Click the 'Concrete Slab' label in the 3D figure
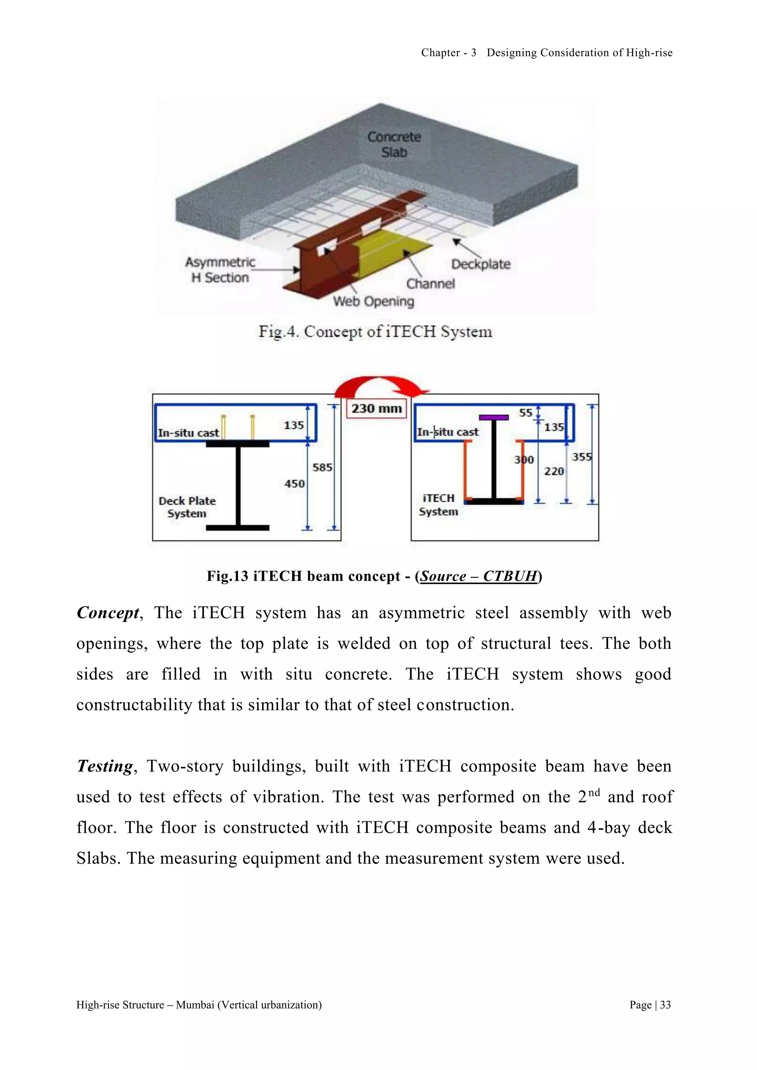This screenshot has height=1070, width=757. tap(394, 144)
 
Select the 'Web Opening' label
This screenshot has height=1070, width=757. tap(373, 301)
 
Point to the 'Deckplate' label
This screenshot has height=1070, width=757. tap(481, 264)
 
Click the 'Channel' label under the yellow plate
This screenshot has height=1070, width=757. tap(430, 284)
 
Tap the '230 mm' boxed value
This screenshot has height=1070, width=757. tap(377, 409)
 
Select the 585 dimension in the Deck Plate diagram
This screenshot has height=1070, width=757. tap(322, 467)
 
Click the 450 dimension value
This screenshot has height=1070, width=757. tap(295, 484)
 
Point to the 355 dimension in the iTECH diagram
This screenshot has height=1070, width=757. tap(582, 457)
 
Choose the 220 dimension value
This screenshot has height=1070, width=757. tap(554, 471)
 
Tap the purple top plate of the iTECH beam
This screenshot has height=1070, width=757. tap(493, 418)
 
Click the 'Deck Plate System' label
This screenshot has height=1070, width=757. tap(187, 507)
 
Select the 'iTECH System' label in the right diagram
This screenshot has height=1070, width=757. tap(438, 505)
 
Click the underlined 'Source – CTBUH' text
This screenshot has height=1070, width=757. tap(478, 576)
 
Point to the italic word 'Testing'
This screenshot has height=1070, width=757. tap(105, 766)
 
